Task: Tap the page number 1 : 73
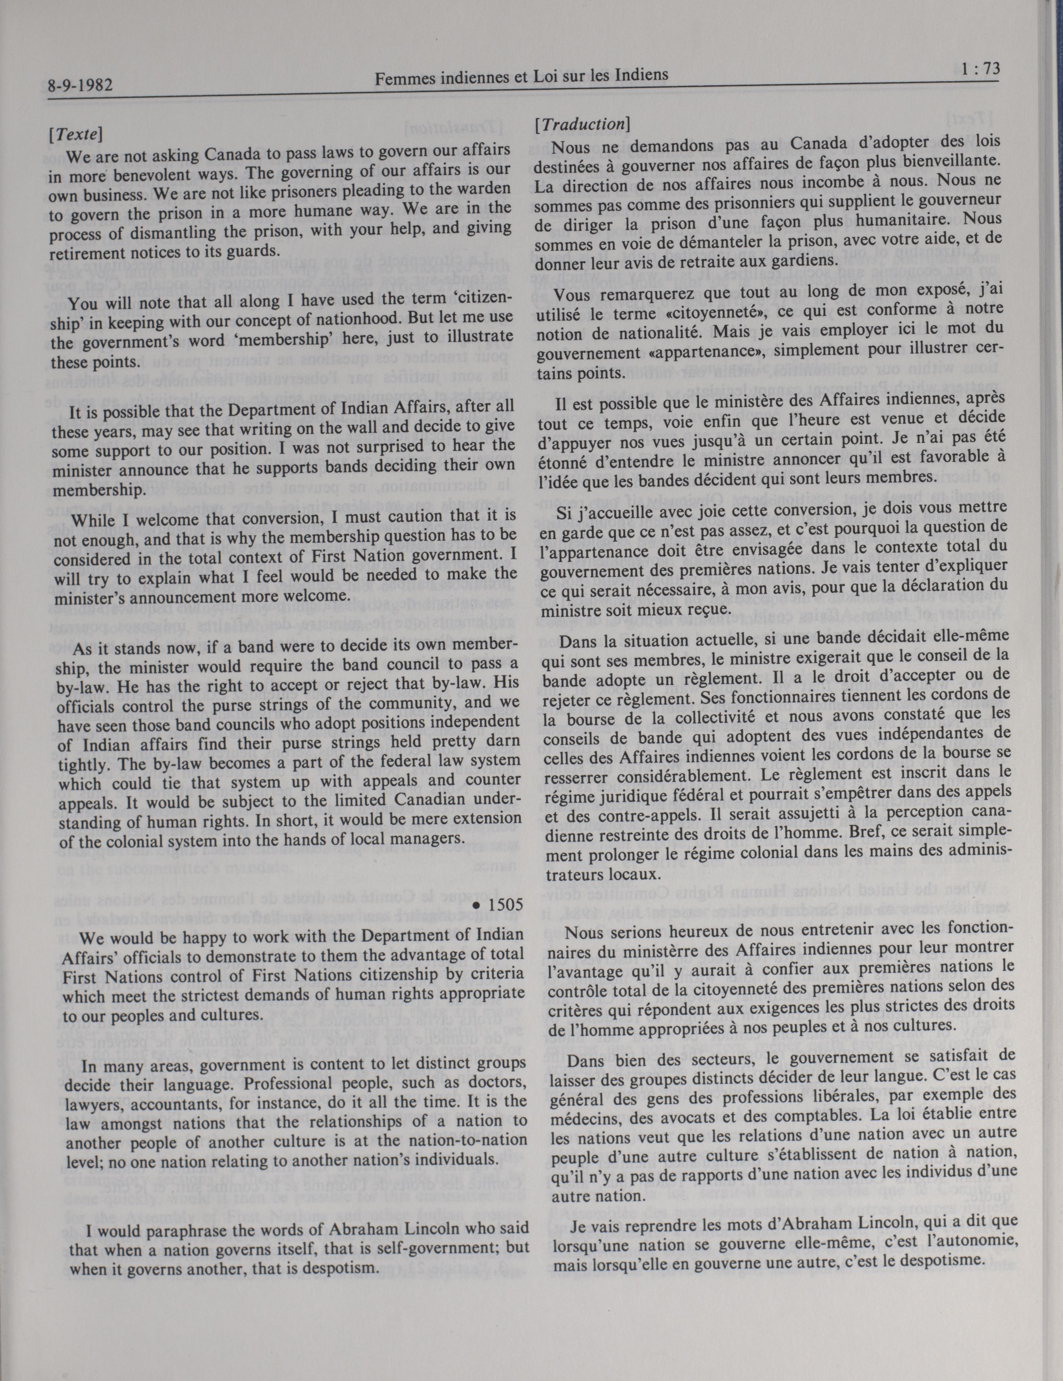coord(979,69)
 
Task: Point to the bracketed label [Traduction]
coord(580,125)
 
